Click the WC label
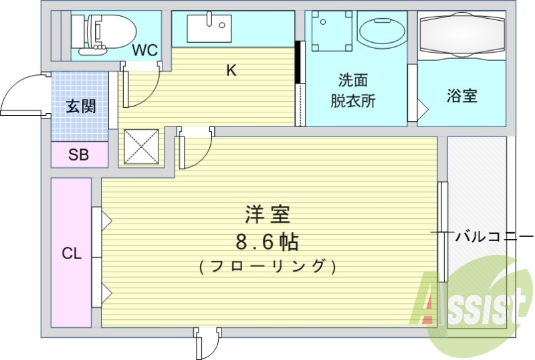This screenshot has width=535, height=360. click(x=144, y=50)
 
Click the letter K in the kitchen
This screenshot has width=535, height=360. click(x=231, y=70)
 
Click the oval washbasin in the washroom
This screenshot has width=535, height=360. click(x=381, y=31)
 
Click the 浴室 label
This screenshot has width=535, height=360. click(x=461, y=96)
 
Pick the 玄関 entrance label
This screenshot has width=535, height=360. click(x=80, y=106)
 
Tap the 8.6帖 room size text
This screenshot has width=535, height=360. click(x=266, y=241)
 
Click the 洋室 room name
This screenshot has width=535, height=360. click(x=266, y=217)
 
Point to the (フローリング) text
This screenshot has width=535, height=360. click(x=266, y=266)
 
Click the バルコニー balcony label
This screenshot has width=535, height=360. click(x=494, y=236)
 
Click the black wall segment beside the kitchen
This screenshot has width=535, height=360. click(x=299, y=63)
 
